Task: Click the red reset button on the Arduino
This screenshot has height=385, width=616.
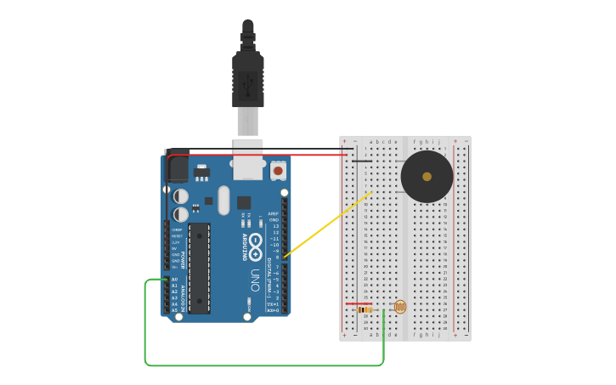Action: tap(278, 171)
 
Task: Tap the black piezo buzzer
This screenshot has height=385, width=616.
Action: tap(427, 177)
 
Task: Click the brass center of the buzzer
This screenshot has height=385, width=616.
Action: tap(427, 177)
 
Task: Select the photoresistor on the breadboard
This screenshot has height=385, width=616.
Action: tap(399, 307)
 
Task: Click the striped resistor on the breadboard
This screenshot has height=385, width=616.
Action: tap(365, 309)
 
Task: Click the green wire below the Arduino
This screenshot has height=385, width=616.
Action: tap(263, 365)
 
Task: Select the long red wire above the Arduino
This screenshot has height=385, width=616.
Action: tap(255, 155)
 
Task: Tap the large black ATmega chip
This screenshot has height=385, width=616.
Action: tap(199, 268)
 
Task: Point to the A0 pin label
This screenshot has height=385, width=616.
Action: tap(174, 280)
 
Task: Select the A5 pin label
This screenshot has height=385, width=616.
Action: tap(174, 310)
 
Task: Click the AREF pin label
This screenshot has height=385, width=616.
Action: tap(273, 214)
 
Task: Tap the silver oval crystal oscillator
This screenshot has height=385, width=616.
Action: tap(223, 201)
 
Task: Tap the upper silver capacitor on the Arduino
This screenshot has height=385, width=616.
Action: tap(181, 196)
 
